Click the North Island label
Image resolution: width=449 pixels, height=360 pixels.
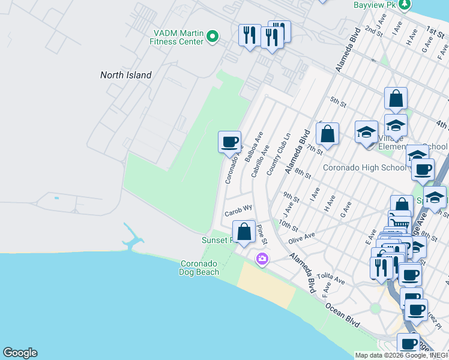pyautogui.click(x=125, y=75)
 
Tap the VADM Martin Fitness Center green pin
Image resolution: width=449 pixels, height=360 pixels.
pyautogui.click(x=212, y=37)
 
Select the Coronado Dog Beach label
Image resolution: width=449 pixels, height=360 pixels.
pyautogui.click(x=200, y=268)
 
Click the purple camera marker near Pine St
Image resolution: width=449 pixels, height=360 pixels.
pyautogui.click(x=262, y=259)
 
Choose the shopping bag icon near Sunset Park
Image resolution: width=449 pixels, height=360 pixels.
pyautogui.click(x=244, y=232)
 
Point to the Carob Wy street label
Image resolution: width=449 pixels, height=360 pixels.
pyautogui.click(x=238, y=212)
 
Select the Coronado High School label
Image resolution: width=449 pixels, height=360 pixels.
pyautogui.click(x=364, y=167)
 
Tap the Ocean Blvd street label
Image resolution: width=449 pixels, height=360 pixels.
pyautogui.click(x=343, y=314)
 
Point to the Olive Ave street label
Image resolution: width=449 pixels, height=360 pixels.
pyautogui.click(x=301, y=238)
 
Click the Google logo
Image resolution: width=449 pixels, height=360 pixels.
pyautogui.click(x=20, y=353)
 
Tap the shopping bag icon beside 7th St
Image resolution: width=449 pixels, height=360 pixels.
pyautogui.click(x=327, y=134)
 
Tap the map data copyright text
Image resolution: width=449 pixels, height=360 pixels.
pyautogui.click(x=401, y=355)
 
